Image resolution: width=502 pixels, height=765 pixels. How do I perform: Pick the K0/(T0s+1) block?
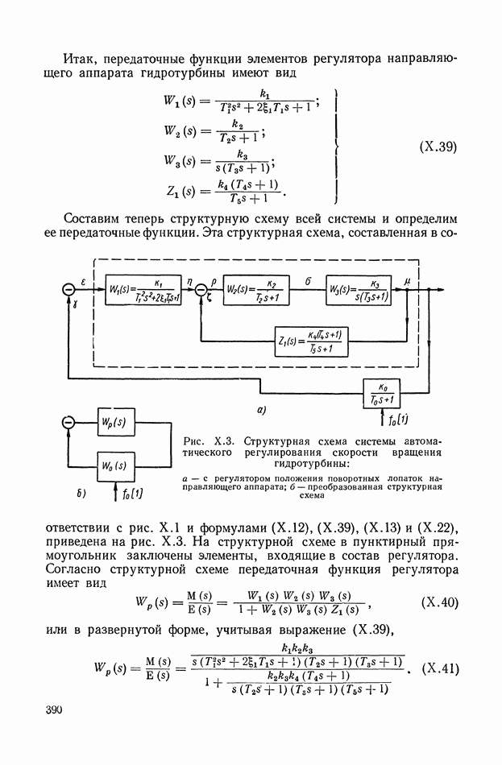(x=392, y=392)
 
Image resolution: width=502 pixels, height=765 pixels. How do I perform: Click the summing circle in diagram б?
(x=68, y=422)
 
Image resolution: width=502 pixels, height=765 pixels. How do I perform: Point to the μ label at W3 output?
(x=408, y=281)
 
